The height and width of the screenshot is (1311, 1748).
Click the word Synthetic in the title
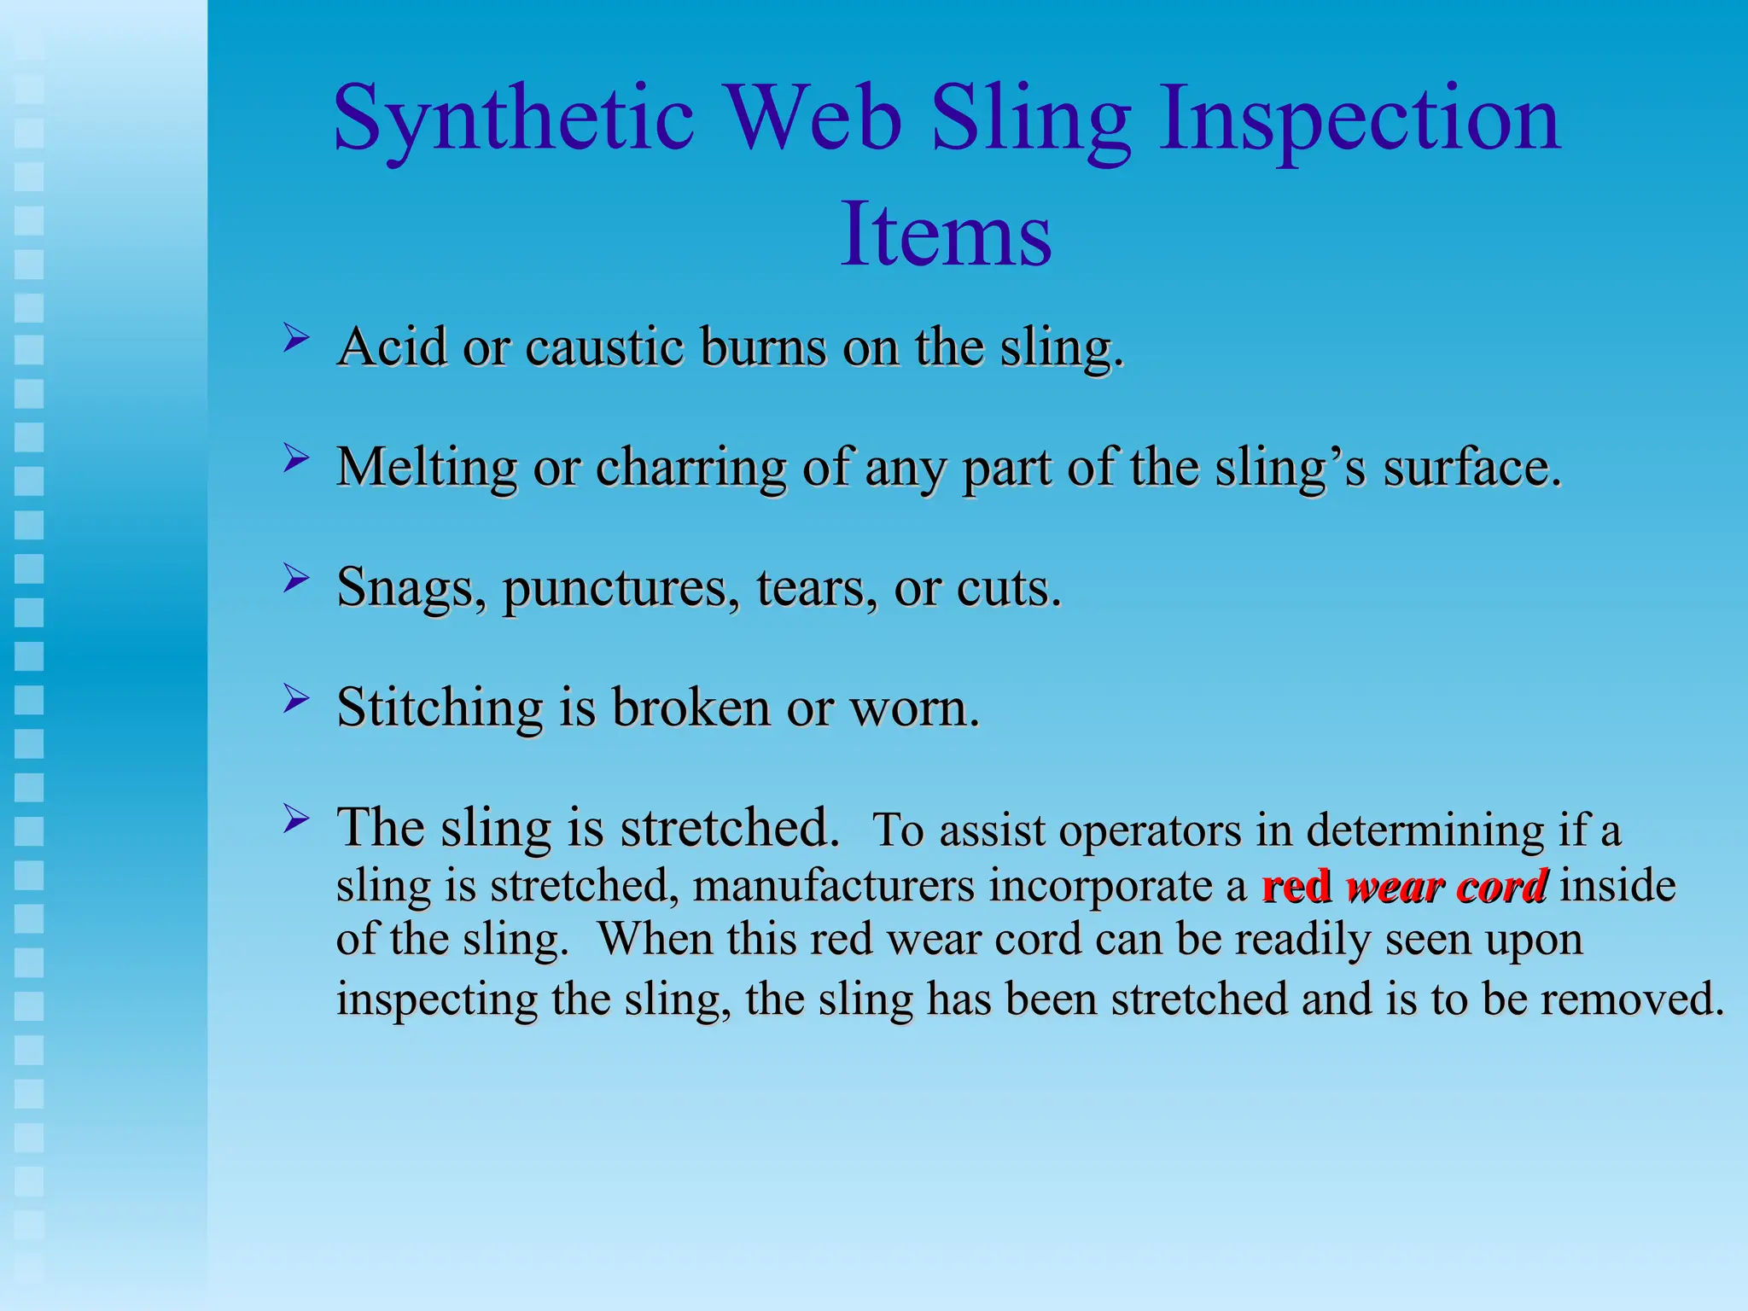(x=512, y=119)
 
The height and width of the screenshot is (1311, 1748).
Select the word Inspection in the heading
(x=1359, y=119)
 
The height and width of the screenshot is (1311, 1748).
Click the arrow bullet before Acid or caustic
(x=295, y=339)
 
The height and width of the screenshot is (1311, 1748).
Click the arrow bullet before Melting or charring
(x=295, y=459)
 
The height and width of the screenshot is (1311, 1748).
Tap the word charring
(x=690, y=469)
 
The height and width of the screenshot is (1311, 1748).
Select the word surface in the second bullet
(x=1471, y=469)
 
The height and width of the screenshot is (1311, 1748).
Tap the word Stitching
(x=440, y=708)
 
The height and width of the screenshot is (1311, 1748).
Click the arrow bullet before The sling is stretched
(x=295, y=820)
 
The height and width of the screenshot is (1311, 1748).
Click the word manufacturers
(x=833, y=885)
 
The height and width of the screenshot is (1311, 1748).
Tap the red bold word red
(x=1296, y=886)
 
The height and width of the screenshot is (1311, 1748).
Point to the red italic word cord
(x=1501, y=886)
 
